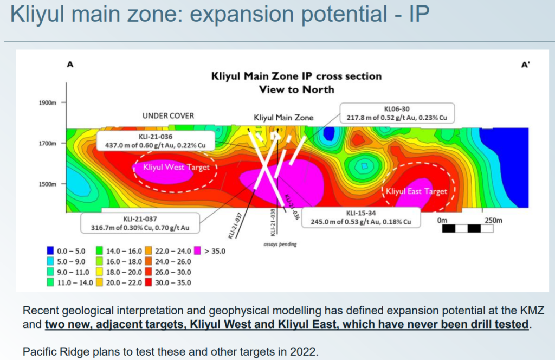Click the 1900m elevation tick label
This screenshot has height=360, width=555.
point(48,102)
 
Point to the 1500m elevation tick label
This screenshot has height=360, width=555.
point(48,184)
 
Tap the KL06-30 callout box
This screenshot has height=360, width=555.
point(397,113)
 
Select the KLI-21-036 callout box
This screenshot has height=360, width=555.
point(156,141)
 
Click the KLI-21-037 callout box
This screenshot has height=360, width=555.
point(140,223)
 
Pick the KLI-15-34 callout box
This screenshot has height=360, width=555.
point(361,217)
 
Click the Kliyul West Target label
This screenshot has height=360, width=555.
point(176,167)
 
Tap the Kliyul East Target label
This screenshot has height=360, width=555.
point(416,191)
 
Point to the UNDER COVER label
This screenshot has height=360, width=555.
point(168,115)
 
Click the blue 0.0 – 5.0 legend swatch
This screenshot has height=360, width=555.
point(50,251)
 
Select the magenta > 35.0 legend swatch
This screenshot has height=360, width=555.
point(197,251)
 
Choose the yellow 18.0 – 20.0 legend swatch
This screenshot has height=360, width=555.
point(100,272)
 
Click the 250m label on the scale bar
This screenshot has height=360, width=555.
point(493,221)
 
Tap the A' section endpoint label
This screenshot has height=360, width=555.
point(525,65)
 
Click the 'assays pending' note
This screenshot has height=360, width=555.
point(280,245)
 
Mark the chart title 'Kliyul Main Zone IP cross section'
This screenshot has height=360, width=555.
point(296,76)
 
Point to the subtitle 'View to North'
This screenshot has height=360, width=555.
point(296,89)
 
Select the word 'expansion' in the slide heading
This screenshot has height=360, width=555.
point(242,14)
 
